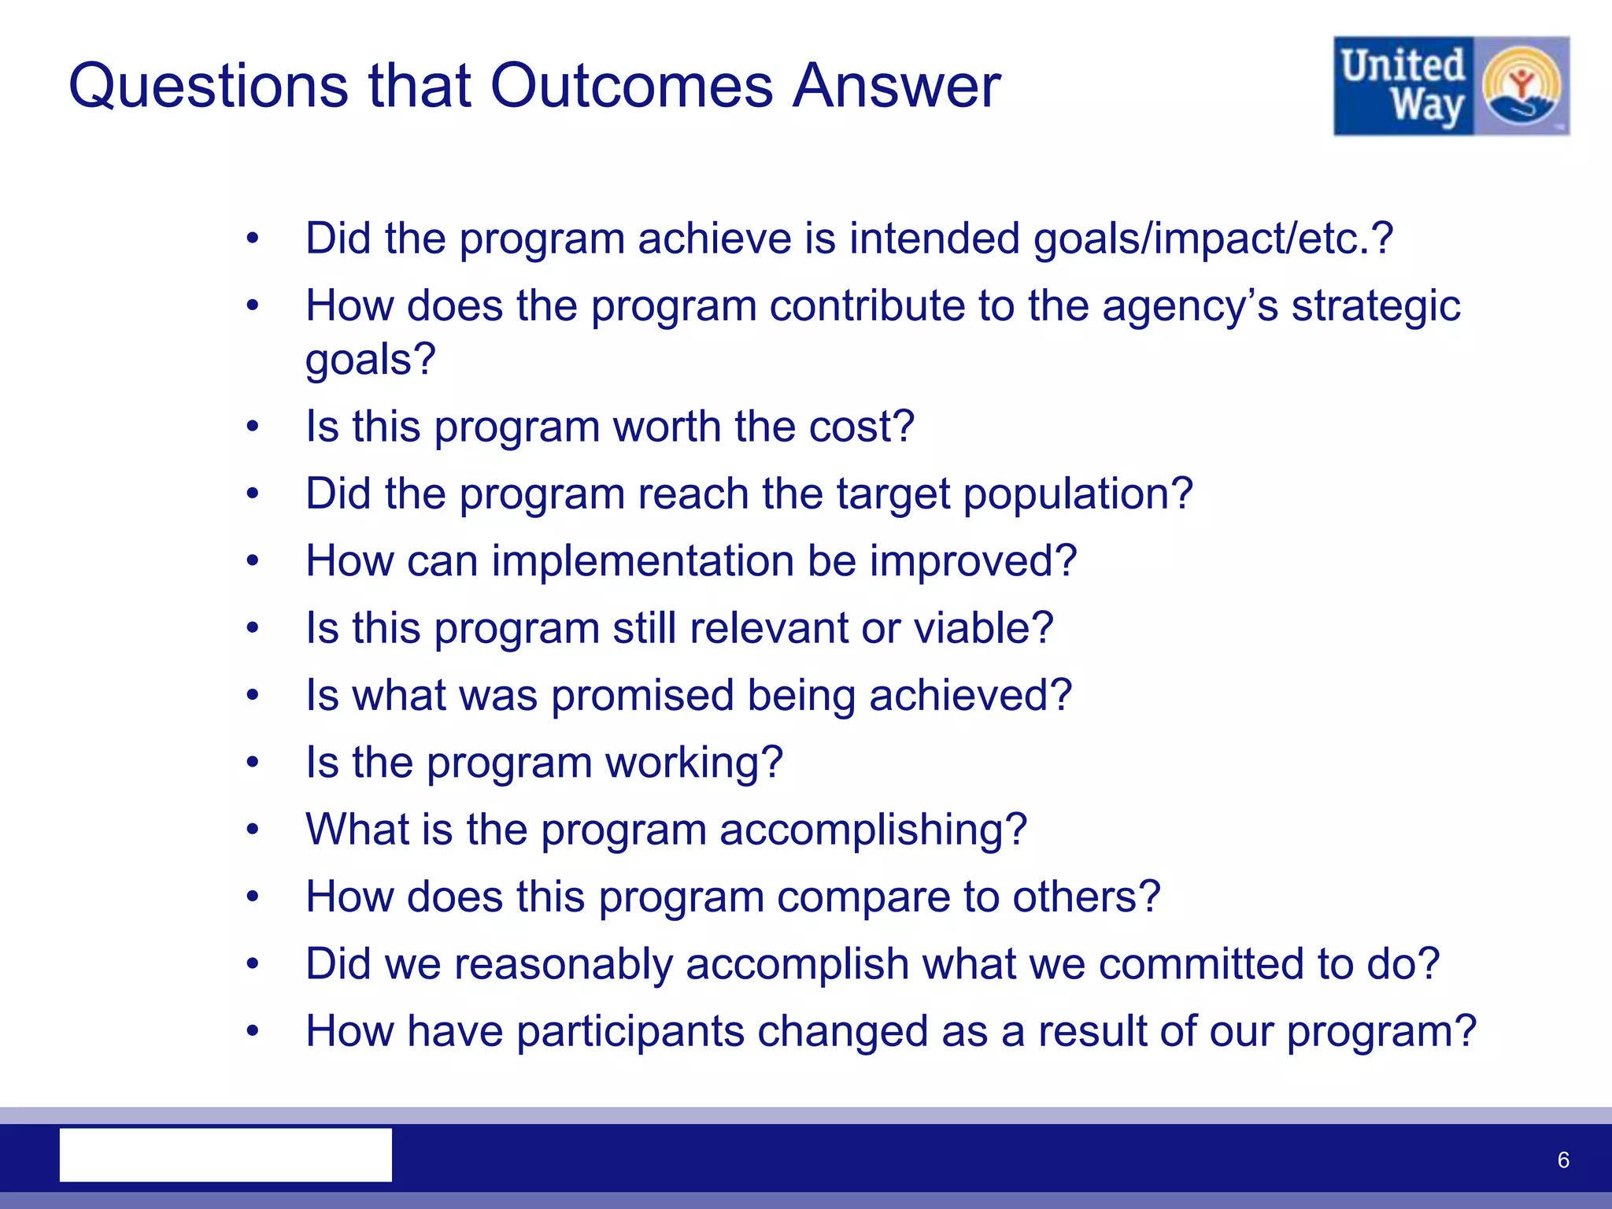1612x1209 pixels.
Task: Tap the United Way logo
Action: (x=1451, y=86)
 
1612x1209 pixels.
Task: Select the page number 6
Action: (x=1563, y=1159)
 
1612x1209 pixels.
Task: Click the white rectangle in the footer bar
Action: (x=226, y=1155)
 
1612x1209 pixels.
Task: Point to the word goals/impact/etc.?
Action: (x=1213, y=238)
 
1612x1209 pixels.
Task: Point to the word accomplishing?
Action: (x=873, y=830)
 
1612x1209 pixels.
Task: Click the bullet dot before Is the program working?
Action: (x=252, y=762)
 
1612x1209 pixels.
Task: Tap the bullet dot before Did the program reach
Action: (x=252, y=494)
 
